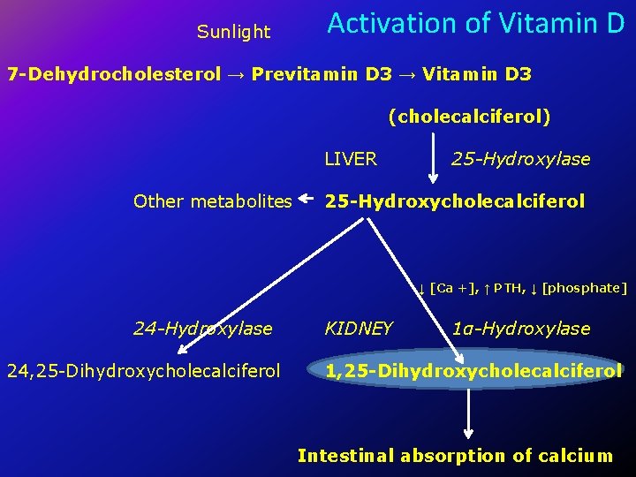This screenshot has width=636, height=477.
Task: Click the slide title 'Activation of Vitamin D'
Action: pos(475,24)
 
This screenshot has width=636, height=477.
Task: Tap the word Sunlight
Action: pos(233,33)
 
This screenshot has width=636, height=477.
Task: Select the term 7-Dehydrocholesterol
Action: pos(114,74)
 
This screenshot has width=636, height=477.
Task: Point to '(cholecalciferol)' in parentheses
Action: pos(469,117)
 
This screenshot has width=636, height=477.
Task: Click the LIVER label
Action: pos(351,159)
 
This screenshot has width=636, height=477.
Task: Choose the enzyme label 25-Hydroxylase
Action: pos(520,159)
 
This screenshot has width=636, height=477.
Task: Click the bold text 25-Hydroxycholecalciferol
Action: pos(454,201)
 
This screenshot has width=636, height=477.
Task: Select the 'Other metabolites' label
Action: pos(212,201)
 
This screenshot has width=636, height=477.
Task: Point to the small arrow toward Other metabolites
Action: pos(307,200)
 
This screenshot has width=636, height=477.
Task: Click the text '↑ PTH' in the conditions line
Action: pos(505,287)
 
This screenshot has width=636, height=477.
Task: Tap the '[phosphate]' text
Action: pos(585,287)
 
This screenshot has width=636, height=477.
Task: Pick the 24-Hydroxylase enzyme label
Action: pos(202,329)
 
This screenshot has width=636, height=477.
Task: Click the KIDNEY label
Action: pos(358,329)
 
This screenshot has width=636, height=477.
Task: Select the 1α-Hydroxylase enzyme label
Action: pos(520,329)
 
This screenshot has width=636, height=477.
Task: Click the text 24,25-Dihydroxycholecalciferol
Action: pos(143,371)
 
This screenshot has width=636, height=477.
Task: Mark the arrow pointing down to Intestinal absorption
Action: pos(467,413)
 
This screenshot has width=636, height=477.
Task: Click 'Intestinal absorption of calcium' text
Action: pos(454,456)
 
